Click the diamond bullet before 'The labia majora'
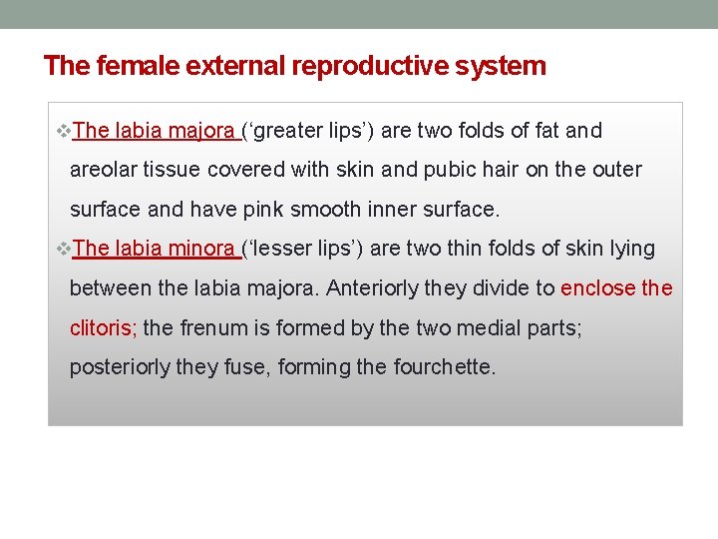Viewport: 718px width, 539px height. coord(65,131)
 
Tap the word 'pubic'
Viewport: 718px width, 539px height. coord(450,170)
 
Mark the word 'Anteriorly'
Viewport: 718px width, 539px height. coord(371,288)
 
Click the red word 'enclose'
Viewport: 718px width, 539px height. coord(598,288)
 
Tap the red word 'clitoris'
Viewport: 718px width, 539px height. coord(102,327)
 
